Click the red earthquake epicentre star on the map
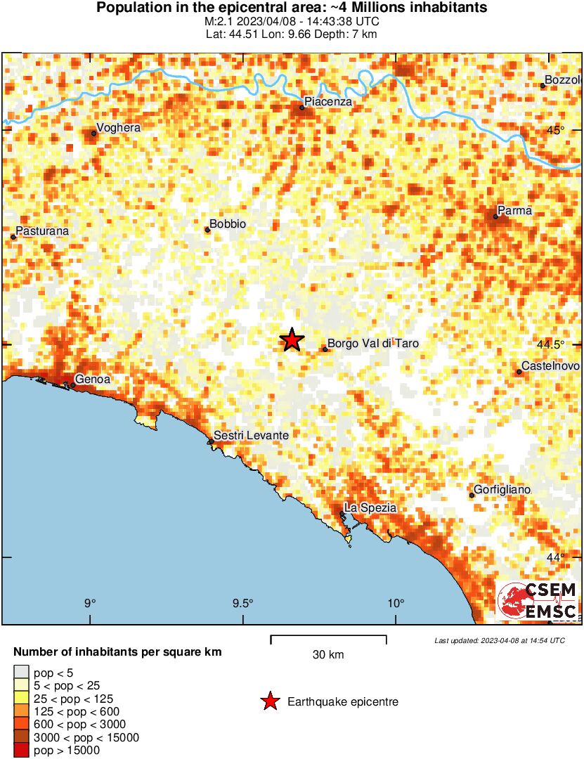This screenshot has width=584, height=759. (x=292, y=339)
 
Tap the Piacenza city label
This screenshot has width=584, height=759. (x=328, y=103)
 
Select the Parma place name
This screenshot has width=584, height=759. (x=514, y=210)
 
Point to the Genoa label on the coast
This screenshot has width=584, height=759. (x=92, y=379)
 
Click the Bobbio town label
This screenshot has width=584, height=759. (x=228, y=224)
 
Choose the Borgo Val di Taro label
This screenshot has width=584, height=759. (x=368, y=344)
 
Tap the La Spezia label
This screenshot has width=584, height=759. (x=370, y=507)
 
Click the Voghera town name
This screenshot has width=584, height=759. (x=118, y=128)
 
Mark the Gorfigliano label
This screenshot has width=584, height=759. (x=502, y=489)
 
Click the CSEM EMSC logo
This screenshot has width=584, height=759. (x=538, y=601)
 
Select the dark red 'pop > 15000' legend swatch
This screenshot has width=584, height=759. (x=22, y=751)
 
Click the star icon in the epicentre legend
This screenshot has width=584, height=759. (x=269, y=701)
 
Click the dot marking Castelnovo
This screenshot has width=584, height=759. (x=519, y=372)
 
